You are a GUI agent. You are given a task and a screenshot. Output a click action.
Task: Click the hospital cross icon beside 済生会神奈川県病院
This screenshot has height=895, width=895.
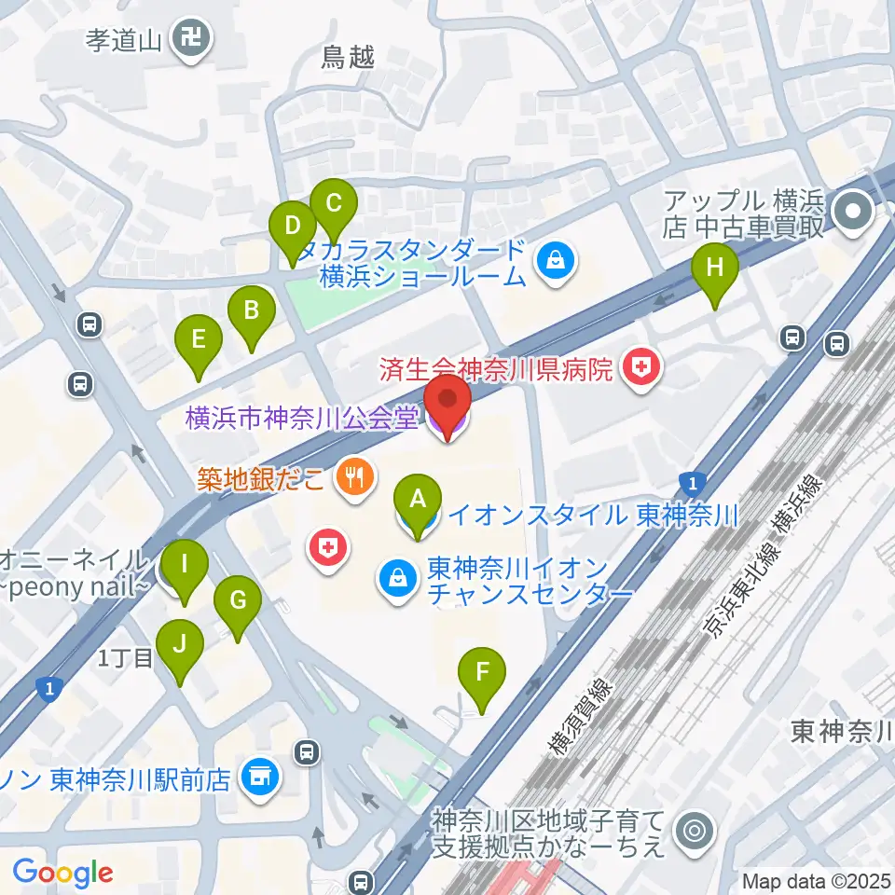641,369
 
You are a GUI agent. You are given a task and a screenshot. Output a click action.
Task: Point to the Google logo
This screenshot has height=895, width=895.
62,872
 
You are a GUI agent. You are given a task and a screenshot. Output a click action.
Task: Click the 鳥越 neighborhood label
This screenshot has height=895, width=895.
347,58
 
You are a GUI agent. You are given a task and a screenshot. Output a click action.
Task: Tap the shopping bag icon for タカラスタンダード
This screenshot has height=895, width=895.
556,262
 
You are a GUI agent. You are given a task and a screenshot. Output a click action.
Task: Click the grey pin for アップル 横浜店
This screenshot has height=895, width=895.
852,213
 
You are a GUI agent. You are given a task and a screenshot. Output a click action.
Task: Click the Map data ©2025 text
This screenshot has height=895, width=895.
815,880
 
